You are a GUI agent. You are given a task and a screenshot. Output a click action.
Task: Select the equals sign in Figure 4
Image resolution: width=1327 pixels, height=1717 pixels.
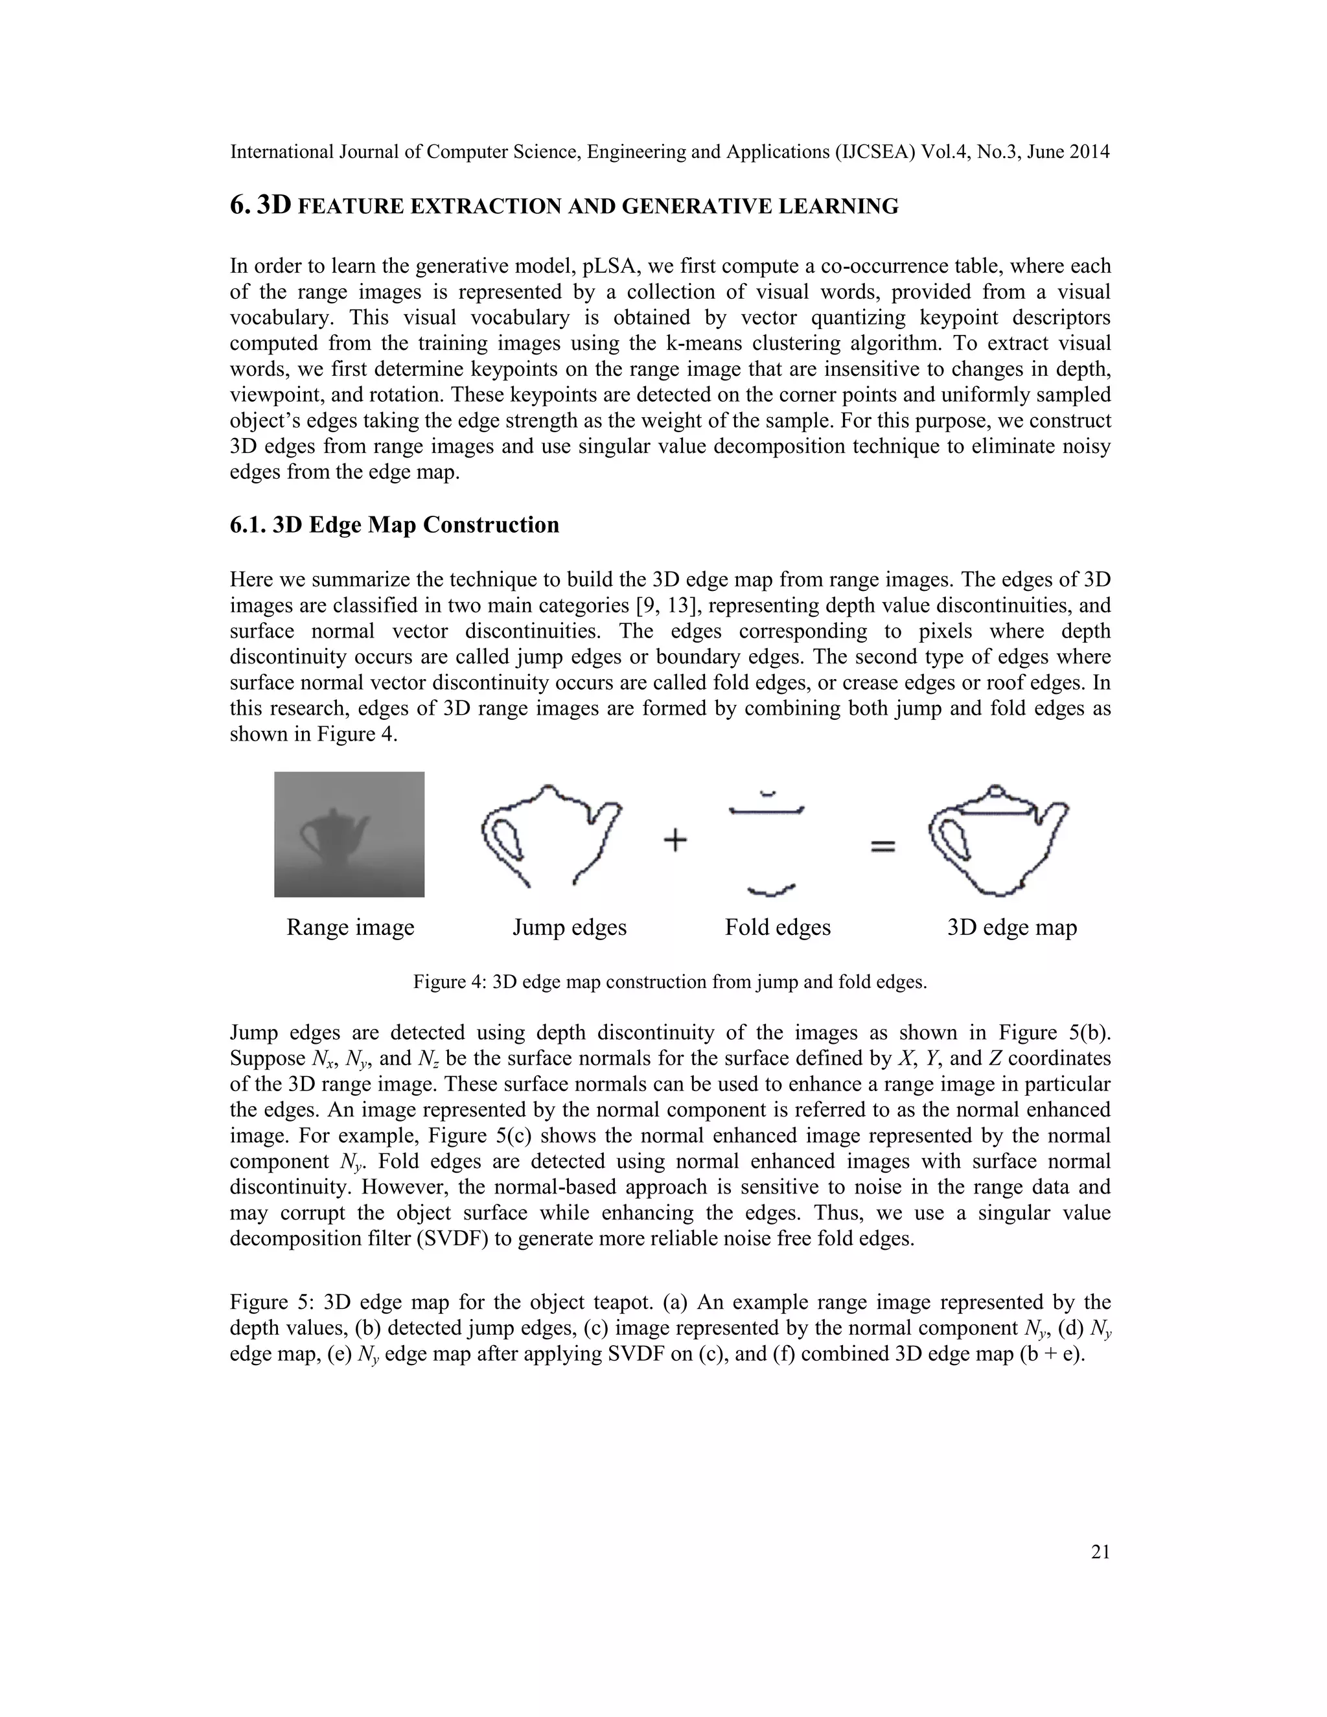(x=882, y=847)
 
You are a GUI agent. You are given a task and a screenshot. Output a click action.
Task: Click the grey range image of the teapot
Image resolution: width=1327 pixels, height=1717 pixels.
(x=349, y=834)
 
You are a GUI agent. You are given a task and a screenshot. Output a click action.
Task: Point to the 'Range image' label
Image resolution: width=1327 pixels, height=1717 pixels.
(x=350, y=927)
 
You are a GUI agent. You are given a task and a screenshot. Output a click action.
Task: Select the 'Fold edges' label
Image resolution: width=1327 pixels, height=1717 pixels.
(x=778, y=927)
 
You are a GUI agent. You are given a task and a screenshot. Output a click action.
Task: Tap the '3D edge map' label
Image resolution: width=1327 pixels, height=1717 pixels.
(x=1011, y=927)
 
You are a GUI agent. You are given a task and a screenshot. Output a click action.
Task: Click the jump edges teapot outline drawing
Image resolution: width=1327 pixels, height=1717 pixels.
(x=550, y=833)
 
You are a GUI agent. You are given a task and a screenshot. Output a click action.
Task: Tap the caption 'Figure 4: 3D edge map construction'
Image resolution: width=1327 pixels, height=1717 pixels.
(x=670, y=982)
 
